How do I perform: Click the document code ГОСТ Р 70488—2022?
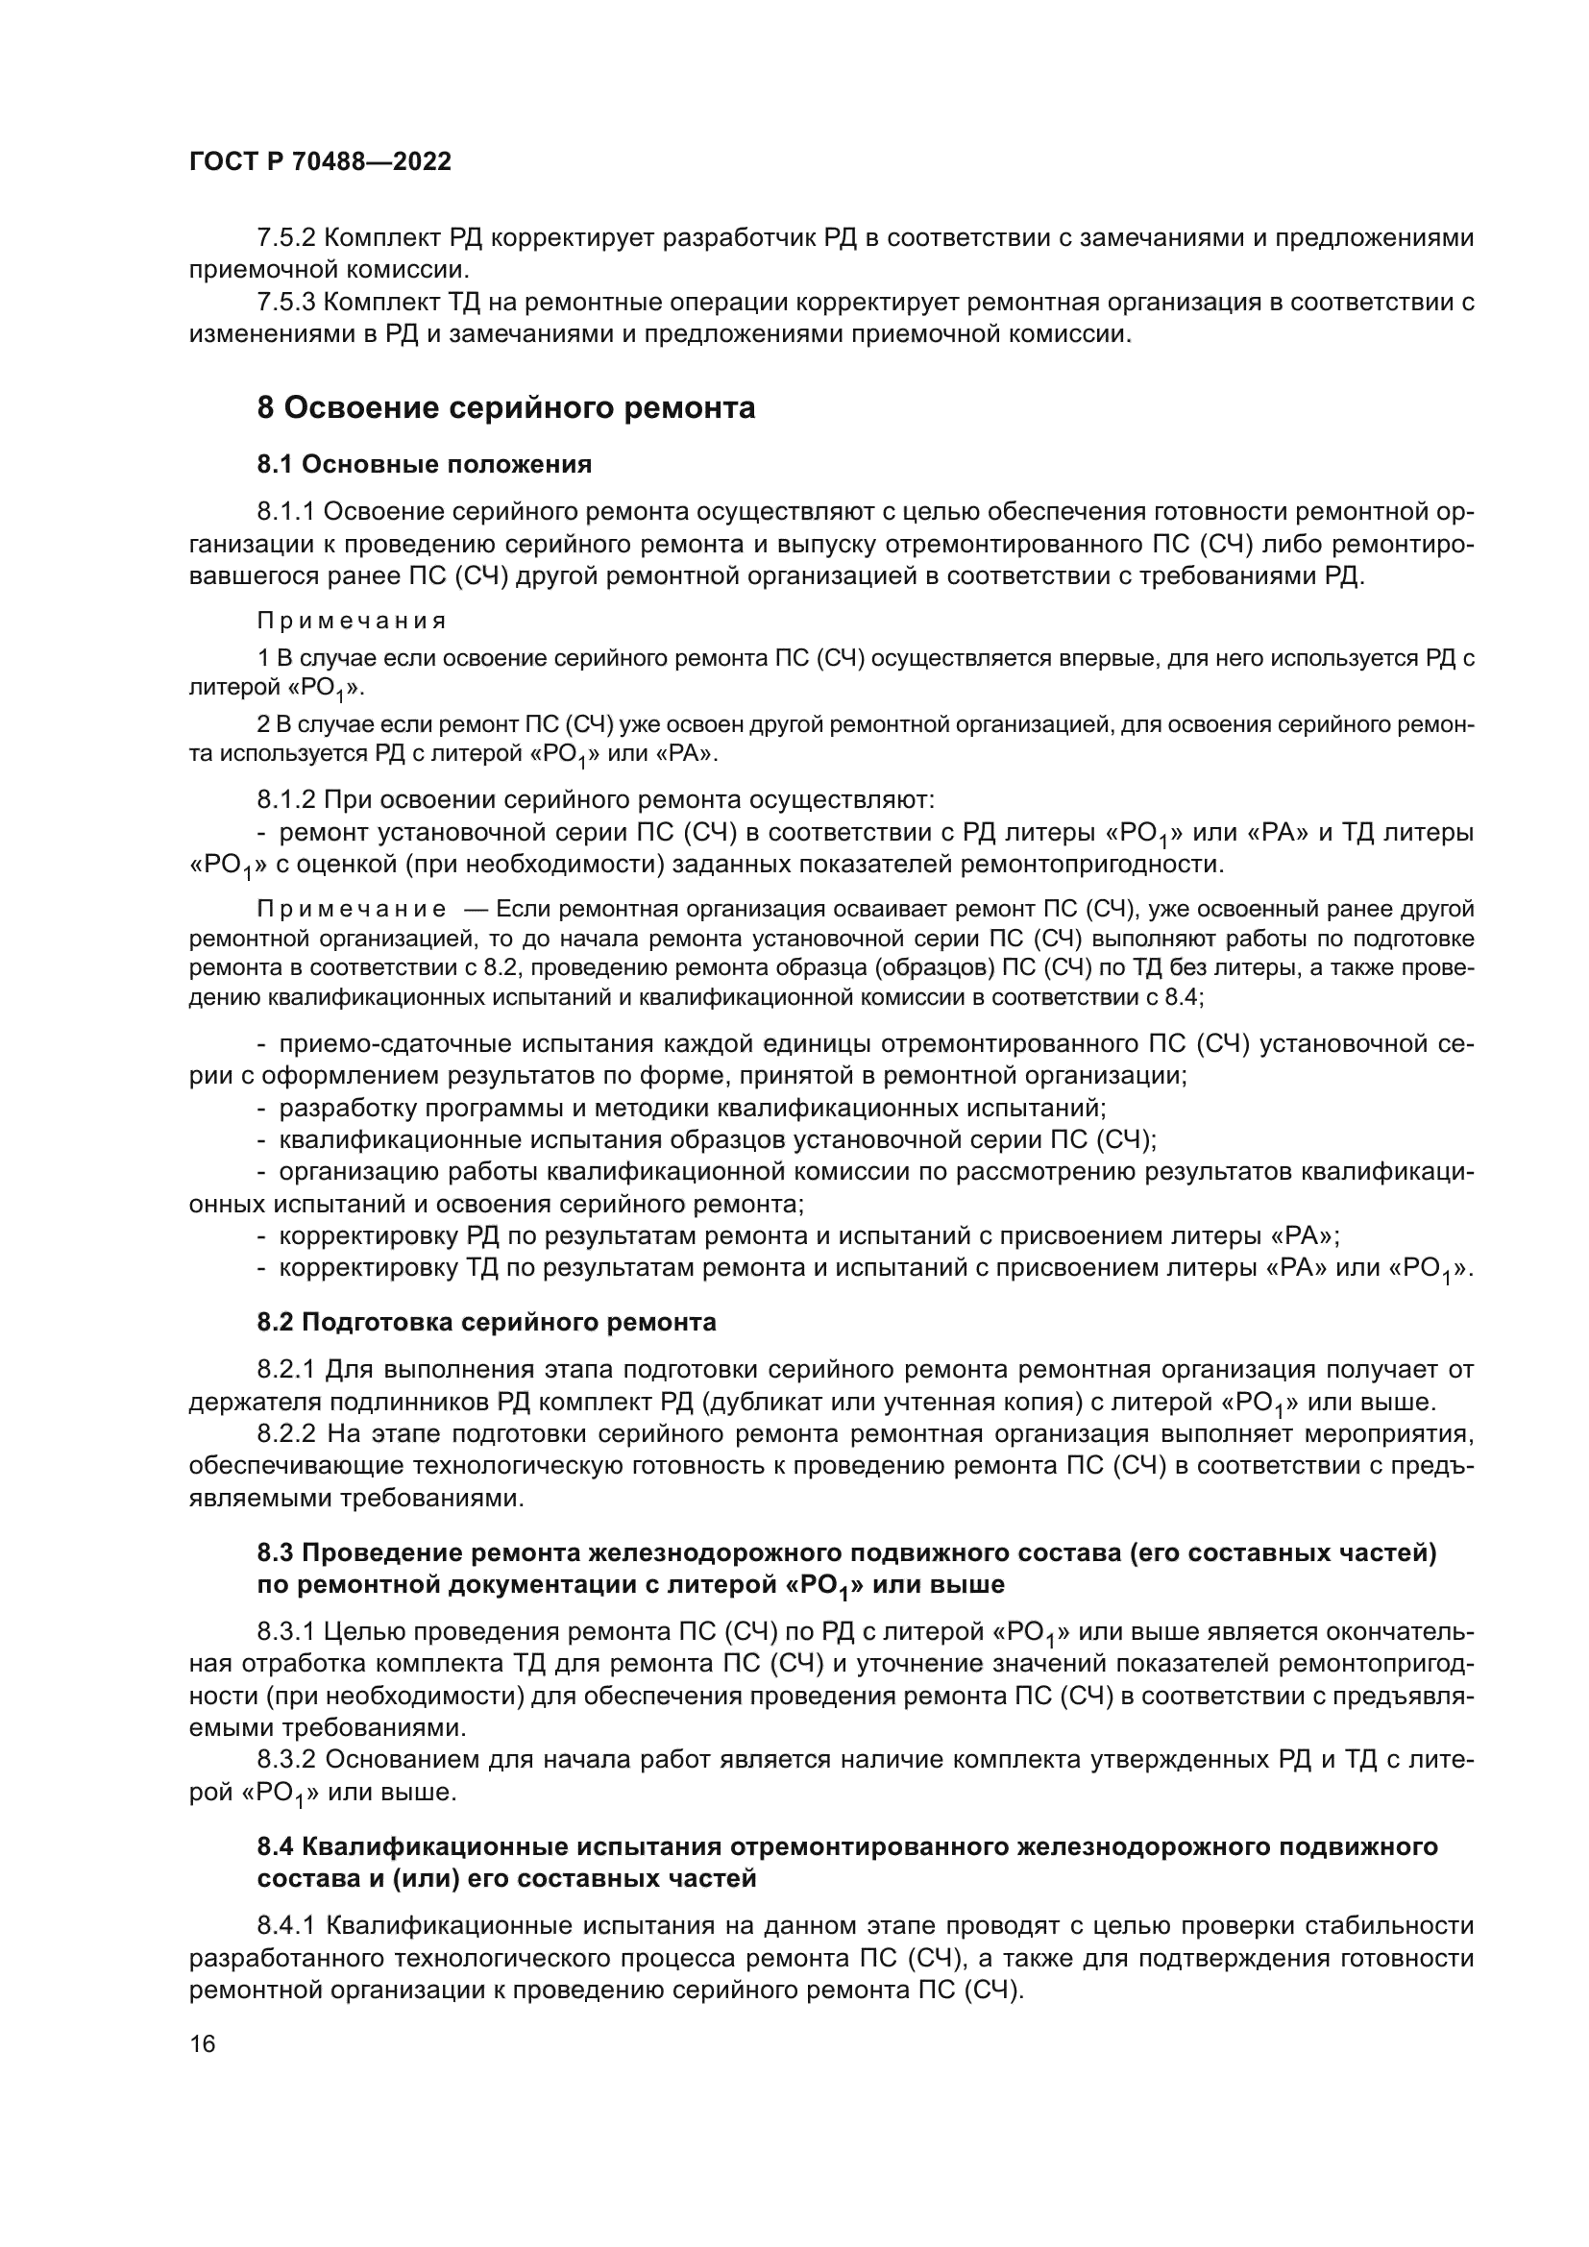pyautogui.click(x=320, y=162)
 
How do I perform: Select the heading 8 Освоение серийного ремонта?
pyautogui.click(x=506, y=407)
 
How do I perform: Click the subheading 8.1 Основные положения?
pyautogui.click(x=424, y=464)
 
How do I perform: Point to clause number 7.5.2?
pyautogui.click(x=285, y=238)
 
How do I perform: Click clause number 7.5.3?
pyautogui.click(x=285, y=303)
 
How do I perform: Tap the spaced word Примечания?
pyautogui.click(x=352, y=622)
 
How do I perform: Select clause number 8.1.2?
pyautogui.click(x=285, y=800)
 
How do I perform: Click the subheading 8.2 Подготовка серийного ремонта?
pyautogui.click(x=486, y=1322)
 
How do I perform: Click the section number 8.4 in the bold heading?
pyautogui.click(x=276, y=1846)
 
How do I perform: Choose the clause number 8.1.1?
pyautogui.click(x=285, y=512)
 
